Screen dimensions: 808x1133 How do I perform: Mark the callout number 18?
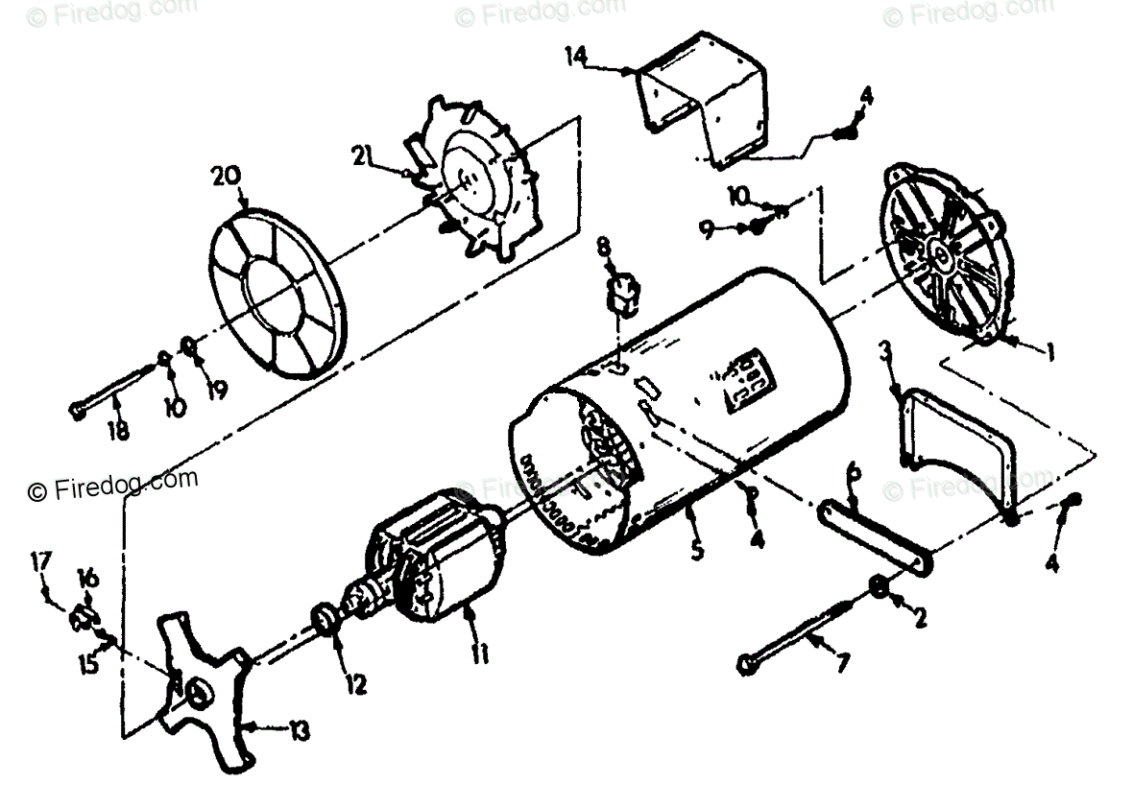click(x=118, y=431)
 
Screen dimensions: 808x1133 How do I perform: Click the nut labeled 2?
click(x=880, y=587)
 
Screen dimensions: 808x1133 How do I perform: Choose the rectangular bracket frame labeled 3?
click(x=960, y=451)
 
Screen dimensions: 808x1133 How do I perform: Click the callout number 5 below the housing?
click(x=696, y=551)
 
